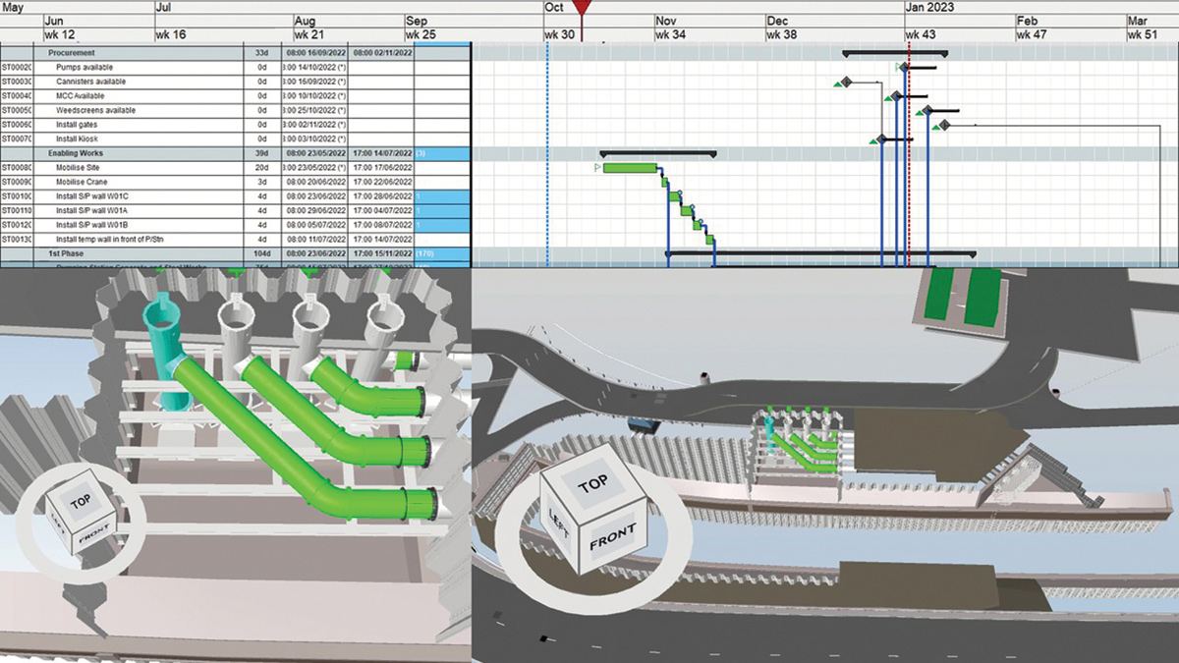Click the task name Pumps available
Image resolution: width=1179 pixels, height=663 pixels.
[x=84, y=67]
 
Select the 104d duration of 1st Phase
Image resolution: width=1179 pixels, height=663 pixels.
[x=260, y=253]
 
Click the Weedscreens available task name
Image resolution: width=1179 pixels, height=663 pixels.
[x=95, y=110]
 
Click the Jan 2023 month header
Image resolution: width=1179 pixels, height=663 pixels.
[x=929, y=7]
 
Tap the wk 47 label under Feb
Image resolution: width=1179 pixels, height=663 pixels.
[x=1031, y=34]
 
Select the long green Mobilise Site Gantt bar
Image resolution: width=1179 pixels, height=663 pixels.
[x=630, y=168]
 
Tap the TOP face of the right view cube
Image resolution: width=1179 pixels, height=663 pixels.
[x=593, y=485]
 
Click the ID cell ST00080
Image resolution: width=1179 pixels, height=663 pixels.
[x=17, y=168]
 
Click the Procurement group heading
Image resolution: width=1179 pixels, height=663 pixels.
[x=72, y=52]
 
